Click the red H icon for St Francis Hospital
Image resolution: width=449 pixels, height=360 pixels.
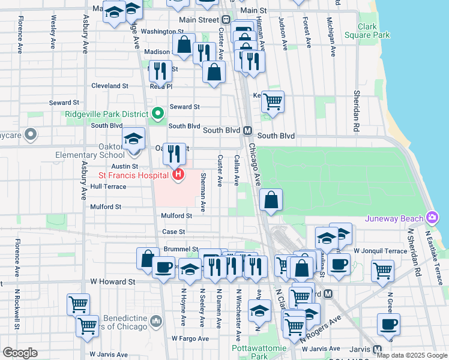pos(178,175)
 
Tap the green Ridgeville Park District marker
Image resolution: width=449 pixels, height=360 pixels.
pos(158,113)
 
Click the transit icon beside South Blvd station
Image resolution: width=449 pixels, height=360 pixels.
pos(247,130)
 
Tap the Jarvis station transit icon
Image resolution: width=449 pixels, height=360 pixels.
pos(377,349)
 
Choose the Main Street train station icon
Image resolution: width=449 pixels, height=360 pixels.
pos(227,20)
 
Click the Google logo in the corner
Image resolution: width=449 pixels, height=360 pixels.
pos(20,353)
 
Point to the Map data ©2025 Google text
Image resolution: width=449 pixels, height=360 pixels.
pos(412,355)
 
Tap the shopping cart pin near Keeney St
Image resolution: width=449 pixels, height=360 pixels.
pos(273,101)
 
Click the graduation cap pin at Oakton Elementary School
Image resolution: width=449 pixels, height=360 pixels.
pos(133,138)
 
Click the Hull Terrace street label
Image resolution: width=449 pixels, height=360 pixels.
pos(109,187)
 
